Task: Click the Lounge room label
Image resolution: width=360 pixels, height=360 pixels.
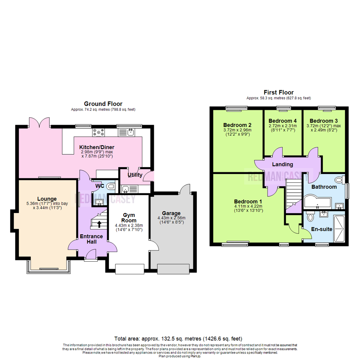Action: [47, 199]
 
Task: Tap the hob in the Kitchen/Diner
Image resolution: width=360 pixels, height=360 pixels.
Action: [98, 132]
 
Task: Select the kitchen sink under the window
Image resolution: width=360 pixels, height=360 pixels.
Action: [130, 132]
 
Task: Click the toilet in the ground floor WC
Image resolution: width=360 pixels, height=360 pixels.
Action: [111, 186]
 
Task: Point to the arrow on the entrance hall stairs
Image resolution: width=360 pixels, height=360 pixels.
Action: [99, 223]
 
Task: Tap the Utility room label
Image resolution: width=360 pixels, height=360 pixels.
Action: [135, 175]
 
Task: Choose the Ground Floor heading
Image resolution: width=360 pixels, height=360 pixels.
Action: [103, 104]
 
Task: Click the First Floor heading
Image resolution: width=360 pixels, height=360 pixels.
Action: [278, 92]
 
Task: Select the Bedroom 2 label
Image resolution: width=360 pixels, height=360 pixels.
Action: [237, 125]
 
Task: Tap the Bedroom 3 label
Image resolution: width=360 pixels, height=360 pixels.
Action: [324, 121]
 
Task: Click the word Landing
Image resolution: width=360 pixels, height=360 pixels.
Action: [282, 164]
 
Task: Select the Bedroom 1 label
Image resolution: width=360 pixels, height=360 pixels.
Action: [248, 202]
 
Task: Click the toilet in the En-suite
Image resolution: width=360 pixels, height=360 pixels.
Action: [310, 217]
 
